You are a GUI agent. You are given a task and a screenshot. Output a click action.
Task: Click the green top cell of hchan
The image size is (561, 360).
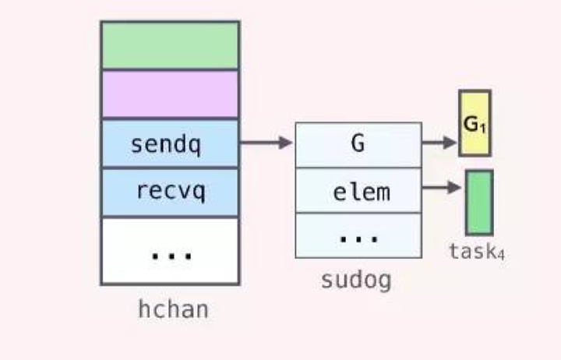pos(170,45)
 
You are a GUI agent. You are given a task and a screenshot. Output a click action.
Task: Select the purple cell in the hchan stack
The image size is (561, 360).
pos(170,94)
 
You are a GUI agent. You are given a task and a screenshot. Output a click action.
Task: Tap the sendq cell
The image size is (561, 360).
pos(170,143)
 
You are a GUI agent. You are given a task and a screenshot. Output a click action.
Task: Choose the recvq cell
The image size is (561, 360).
pos(170,192)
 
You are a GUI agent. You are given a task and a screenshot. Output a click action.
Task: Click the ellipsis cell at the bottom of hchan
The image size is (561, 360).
pos(170,250)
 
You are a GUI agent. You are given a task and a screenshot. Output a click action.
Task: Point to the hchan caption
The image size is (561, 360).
pos(173,309)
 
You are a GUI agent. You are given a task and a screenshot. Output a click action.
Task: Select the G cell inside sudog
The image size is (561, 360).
pos(358,144)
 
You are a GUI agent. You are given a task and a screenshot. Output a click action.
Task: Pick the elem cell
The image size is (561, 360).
pos(358,190)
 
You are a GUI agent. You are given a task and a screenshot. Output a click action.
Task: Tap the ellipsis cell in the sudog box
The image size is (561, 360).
pos(358,235)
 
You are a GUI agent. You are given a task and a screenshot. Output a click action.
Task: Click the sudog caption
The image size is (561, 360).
pos(357,280)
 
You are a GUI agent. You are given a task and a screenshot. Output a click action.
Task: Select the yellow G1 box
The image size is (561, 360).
pos(475,122)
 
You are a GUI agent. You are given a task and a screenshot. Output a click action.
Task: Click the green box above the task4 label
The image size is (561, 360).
pos(479,202)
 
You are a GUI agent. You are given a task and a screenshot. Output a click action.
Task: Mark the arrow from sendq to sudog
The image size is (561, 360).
pos(266,143)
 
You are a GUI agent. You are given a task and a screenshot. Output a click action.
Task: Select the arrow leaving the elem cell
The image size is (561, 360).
pos(440,188)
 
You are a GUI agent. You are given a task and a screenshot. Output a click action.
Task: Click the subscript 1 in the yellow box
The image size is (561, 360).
pos(484,125)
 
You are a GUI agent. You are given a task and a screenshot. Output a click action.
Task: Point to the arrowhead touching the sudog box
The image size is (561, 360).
pos(287,143)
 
